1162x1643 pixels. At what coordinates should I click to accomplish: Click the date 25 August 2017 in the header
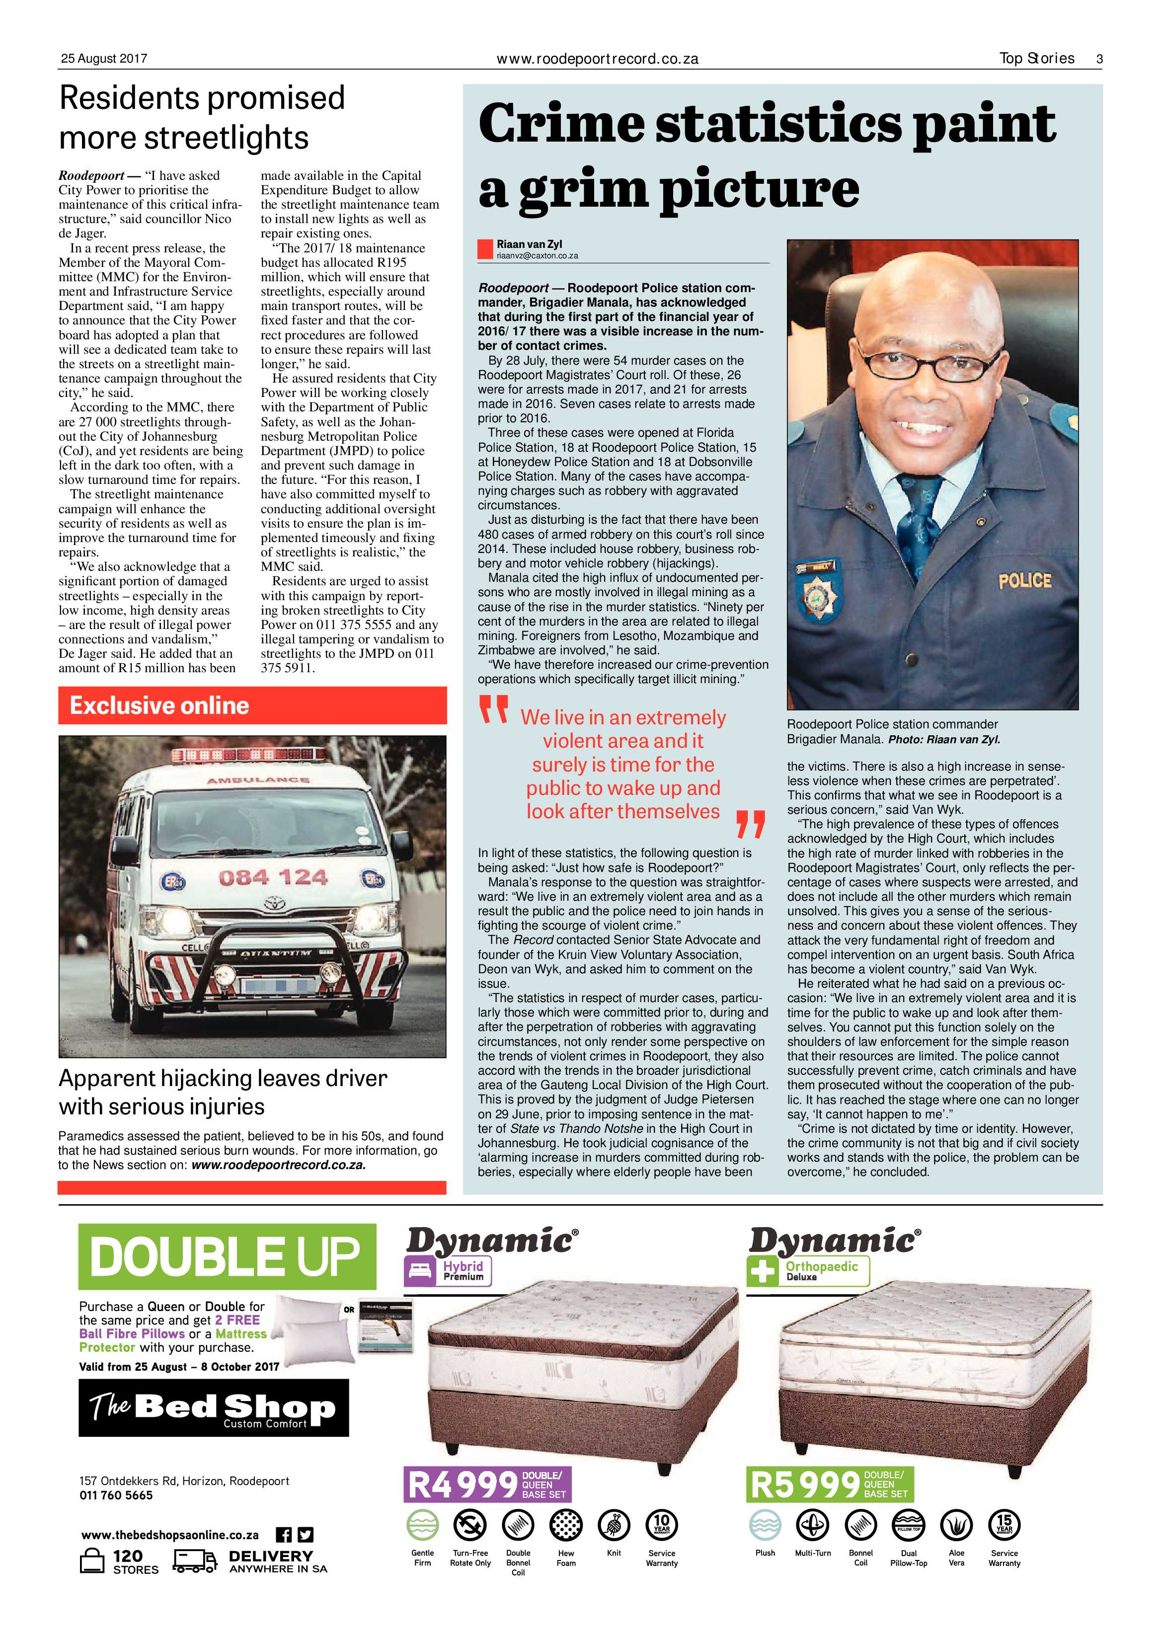click(x=104, y=59)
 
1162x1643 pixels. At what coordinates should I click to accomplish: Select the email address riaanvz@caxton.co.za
click(x=538, y=255)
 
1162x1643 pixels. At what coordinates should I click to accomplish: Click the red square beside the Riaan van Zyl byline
click(x=485, y=249)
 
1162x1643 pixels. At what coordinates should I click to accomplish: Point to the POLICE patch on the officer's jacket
click(x=1024, y=580)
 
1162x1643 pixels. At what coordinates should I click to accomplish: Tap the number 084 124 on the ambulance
click(x=273, y=877)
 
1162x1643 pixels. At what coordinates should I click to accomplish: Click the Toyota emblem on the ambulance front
click(x=273, y=905)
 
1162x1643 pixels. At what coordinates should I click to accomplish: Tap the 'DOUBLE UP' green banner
click(x=226, y=1256)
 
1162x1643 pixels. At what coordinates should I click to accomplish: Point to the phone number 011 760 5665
click(x=116, y=1495)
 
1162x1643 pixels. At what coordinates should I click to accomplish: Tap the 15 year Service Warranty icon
click(x=1004, y=1524)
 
